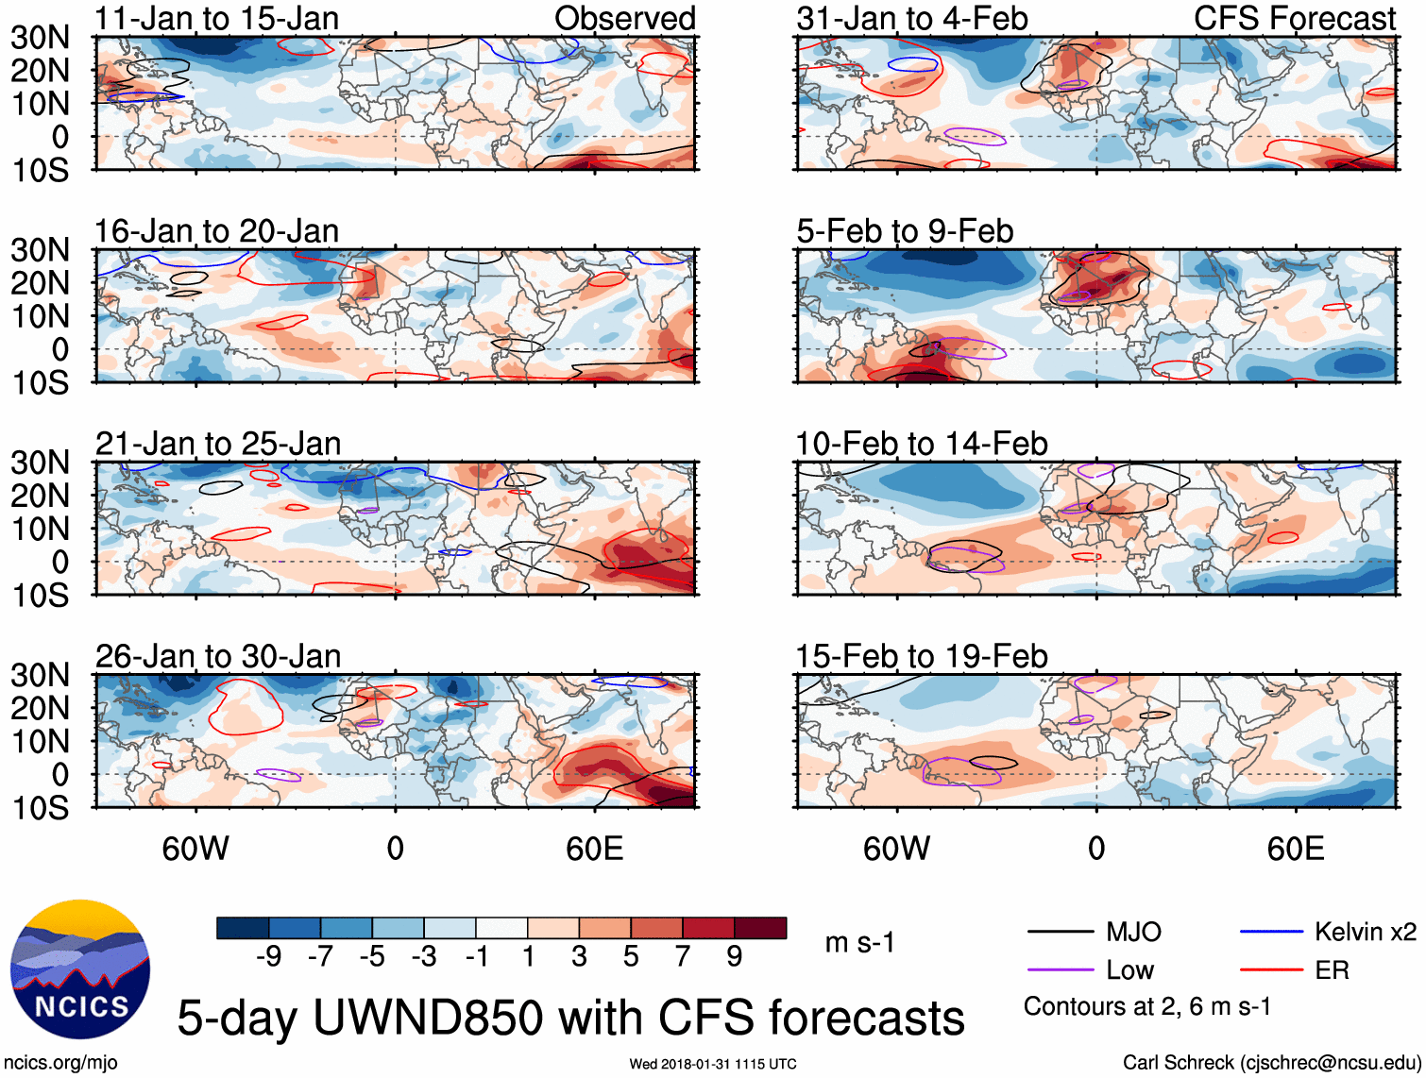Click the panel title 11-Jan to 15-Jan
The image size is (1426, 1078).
pyautogui.click(x=216, y=18)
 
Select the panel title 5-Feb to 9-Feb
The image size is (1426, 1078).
pyautogui.click(x=905, y=231)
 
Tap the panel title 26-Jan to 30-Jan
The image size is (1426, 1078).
pyautogui.click(x=217, y=656)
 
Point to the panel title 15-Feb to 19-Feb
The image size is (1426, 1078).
pyautogui.click(x=921, y=656)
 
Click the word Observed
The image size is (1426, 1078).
pyautogui.click(x=624, y=18)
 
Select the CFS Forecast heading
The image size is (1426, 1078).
pyautogui.click(x=1294, y=18)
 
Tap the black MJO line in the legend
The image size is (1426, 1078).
pyautogui.click(x=1061, y=933)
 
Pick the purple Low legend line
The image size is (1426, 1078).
pyautogui.click(x=1061, y=970)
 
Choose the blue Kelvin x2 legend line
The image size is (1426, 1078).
pyautogui.click(x=1271, y=933)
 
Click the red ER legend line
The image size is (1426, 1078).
pyautogui.click(x=1271, y=970)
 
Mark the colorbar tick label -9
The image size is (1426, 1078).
pyautogui.click(x=268, y=957)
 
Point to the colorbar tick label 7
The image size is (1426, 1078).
pyautogui.click(x=683, y=957)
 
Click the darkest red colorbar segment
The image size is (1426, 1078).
pyautogui.click(x=760, y=928)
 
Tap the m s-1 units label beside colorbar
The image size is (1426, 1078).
pyautogui.click(x=859, y=943)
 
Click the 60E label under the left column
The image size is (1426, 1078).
pyautogui.click(x=594, y=849)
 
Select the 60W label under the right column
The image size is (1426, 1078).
pyautogui.click(x=896, y=849)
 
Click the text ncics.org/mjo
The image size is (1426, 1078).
pyautogui.click(x=60, y=1063)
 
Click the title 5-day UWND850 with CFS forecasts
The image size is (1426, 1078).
pyautogui.click(x=570, y=1018)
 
